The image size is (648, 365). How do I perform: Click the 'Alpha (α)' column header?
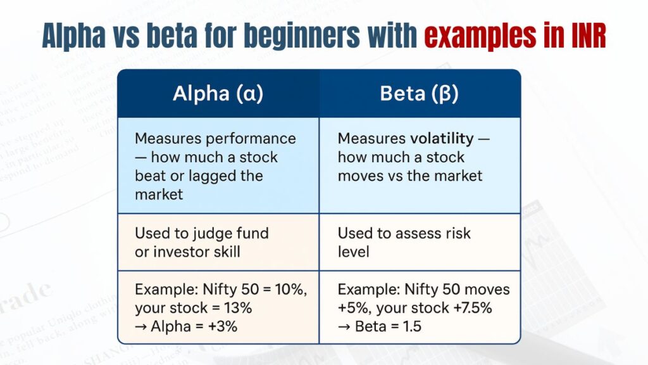pos(218,94)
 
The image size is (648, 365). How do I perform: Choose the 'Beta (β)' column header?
pos(419,94)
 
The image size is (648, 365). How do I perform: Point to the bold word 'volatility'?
pos(441,138)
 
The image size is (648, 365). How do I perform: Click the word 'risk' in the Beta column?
pos(456,233)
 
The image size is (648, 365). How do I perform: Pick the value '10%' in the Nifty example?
pos(290,290)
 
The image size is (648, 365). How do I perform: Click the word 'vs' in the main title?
pos(120,37)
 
